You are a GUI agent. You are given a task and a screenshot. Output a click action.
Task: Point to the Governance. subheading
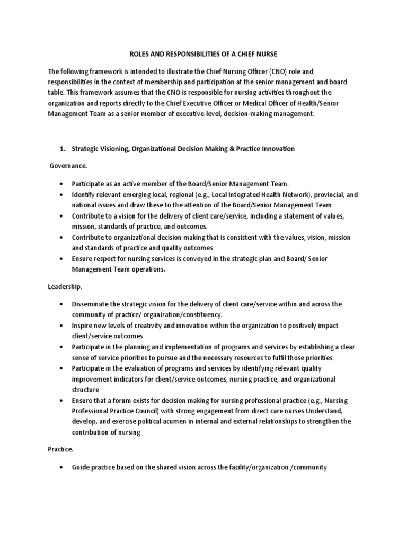[x=68, y=166]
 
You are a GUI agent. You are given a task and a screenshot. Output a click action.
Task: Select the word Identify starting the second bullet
[x=83, y=195]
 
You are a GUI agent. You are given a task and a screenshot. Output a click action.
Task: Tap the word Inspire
[x=82, y=326]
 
